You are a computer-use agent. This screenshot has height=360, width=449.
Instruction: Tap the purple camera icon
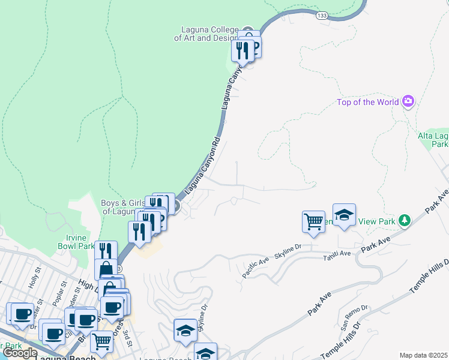(408, 101)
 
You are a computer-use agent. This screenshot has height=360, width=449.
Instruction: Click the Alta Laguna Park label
(433, 140)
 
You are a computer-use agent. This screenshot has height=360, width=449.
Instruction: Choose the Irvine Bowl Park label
(76, 241)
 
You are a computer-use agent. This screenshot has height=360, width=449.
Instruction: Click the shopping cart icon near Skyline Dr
(313, 221)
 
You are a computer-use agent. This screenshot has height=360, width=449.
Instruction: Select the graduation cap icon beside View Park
(344, 215)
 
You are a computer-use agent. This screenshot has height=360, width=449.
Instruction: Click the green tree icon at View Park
(405, 221)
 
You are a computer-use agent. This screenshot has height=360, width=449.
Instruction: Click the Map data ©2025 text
(424, 355)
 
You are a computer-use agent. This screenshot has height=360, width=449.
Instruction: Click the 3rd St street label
(127, 332)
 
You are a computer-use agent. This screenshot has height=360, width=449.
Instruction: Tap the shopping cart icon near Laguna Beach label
(101, 341)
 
